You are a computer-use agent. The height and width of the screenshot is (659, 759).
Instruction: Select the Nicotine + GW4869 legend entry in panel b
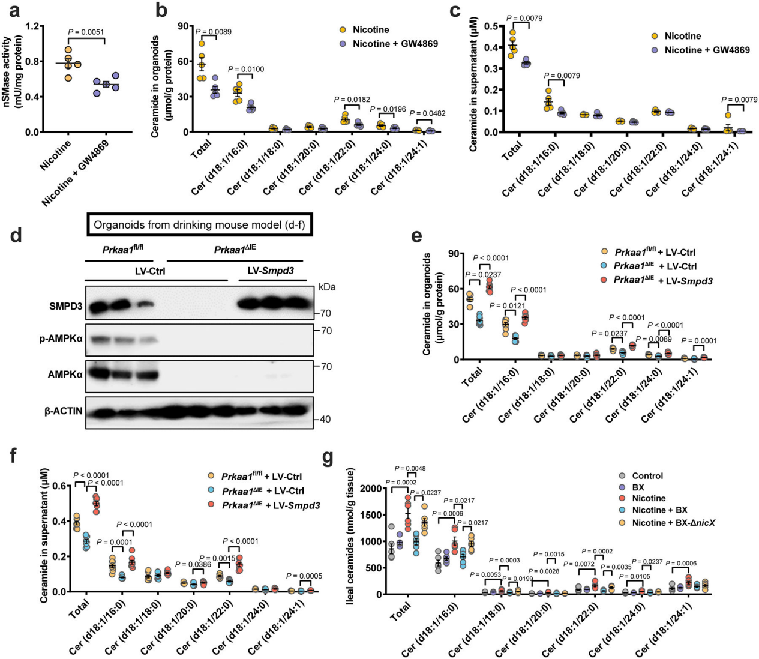[x=395, y=44]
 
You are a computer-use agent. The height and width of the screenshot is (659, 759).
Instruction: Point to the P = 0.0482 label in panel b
[x=427, y=113]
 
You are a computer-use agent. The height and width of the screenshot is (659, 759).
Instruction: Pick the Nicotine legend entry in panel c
[x=682, y=36]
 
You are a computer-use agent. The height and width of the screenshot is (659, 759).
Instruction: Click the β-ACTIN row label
[x=63, y=411]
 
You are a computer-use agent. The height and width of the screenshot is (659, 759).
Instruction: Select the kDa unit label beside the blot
[x=327, y=287]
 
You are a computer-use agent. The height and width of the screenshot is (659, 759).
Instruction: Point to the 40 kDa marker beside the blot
[x=325, y=420]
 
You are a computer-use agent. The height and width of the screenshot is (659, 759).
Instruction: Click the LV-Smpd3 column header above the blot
[x=271, y=271]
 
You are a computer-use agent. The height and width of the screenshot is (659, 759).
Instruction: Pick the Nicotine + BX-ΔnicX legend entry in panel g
[x=673, y=523]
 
